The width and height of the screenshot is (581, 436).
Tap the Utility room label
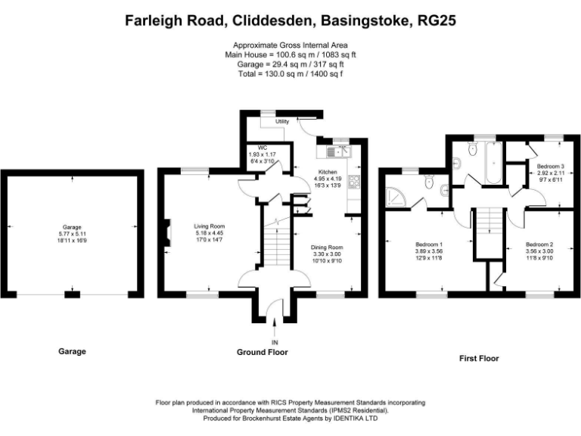283,121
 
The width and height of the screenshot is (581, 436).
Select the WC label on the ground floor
263,148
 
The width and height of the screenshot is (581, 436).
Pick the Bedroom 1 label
429,244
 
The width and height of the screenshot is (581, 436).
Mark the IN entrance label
275,342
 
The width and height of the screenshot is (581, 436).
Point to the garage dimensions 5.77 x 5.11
73,235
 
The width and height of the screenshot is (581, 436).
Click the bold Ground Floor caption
263,352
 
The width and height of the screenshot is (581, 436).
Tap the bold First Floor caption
480,358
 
